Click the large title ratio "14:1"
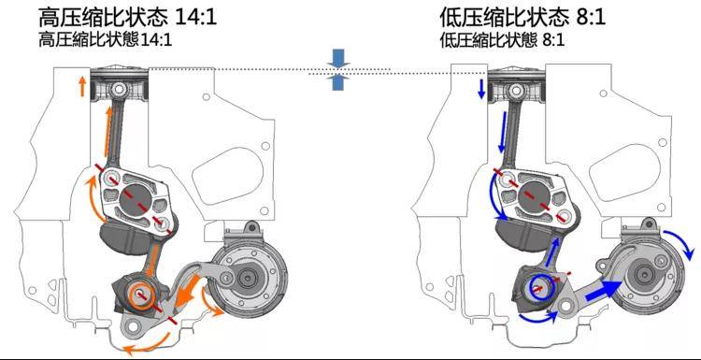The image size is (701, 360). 197,18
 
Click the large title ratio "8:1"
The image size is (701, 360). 589,18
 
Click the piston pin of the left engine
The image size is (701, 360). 119,90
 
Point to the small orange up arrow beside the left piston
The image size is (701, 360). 82,87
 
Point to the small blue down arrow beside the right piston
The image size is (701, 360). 481,89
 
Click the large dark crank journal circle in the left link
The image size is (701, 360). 136,196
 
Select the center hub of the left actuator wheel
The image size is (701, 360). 246,278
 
